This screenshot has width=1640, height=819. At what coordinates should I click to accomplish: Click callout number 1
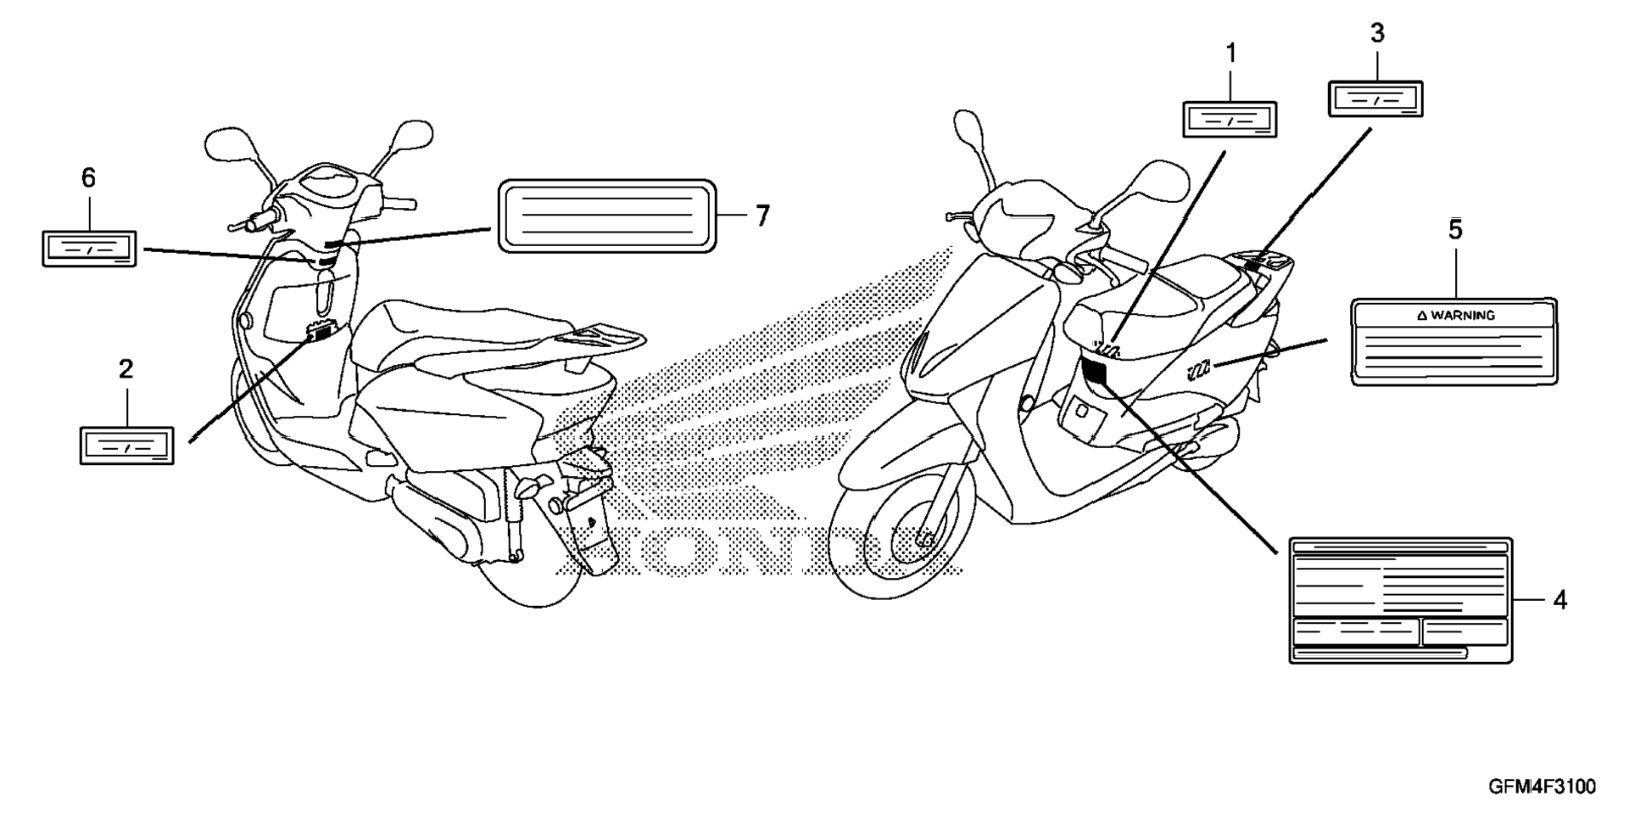(x=1230, y=54)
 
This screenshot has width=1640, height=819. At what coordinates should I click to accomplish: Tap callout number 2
(x=126, y=369)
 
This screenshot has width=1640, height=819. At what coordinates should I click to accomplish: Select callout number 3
(x=1377, y=34)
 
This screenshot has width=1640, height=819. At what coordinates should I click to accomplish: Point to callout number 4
(x=1559, y=601)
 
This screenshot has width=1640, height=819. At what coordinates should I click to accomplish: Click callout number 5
(x=1455, y=230)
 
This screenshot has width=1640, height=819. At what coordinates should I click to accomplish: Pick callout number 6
(x=88, y=178)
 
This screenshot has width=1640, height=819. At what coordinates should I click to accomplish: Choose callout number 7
(x=762, y=216)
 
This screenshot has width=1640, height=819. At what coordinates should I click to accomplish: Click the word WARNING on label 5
(x=1463, y=316)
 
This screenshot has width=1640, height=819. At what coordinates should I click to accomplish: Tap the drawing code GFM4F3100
(x=1542, y=787)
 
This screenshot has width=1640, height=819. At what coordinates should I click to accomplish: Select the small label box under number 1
(x=1230, y=120)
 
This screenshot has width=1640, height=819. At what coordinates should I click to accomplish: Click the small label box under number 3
(x=1375, y=99)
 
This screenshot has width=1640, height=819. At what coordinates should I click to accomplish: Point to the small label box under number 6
(x=89, y=249)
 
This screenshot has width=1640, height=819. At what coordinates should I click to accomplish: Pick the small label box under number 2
(x=126, y=446)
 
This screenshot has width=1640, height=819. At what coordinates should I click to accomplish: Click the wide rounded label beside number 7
(x=606, y=216)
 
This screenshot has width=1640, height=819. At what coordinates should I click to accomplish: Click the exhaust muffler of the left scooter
(x=441, y=518)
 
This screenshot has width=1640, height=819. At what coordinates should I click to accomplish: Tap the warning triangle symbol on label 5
(x=1422, y=316)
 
